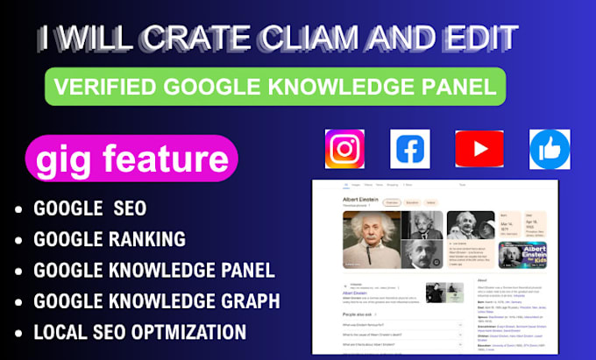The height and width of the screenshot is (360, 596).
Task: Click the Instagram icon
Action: click(344, 149)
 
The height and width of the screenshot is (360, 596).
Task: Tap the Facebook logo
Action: click(410, 149)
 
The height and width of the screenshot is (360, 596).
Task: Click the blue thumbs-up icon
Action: click(550, 149)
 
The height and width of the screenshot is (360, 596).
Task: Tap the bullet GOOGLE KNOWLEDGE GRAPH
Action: click(156, 301)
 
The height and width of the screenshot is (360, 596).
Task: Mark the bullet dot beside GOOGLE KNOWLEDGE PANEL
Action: click(18, 271)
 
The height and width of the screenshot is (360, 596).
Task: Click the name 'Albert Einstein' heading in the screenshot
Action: click(360, 200)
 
